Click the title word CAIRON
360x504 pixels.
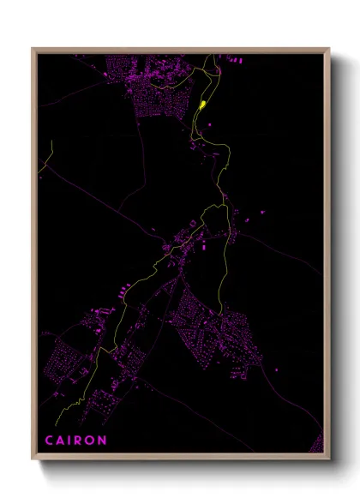[x=76, y=441]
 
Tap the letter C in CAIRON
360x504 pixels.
[x=49, y=441]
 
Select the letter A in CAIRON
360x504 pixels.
[x=61, y=441]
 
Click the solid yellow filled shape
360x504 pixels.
[x=202, y=105]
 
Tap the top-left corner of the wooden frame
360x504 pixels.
[x=33, y=49]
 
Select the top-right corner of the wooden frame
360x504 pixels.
[x=329, y=49]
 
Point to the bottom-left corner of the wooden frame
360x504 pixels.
[x=33, y=459]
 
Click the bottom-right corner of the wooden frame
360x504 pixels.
[x=329, y=459]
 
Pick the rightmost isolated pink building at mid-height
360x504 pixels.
[x=260, y=208]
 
